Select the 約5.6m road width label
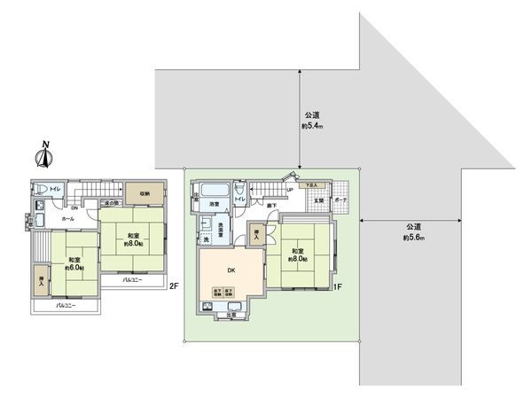coord(413,231)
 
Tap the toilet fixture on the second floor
coord(41,189)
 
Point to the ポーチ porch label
coord(340,200)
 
